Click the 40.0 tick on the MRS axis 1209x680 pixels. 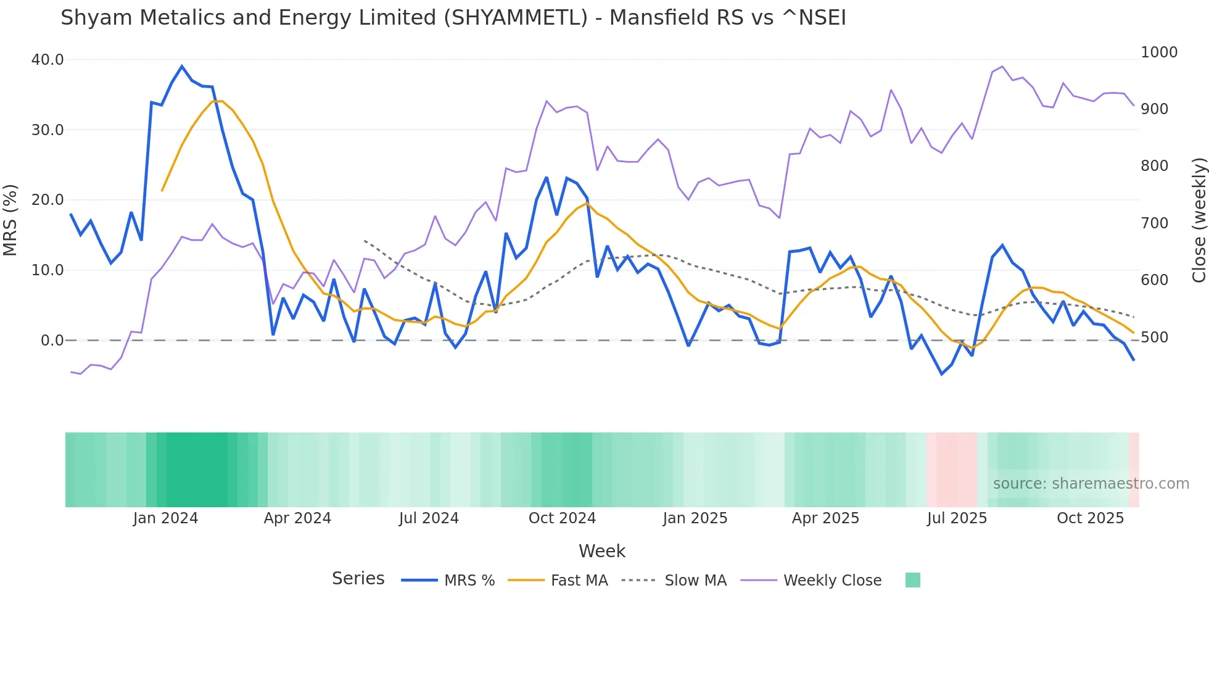[47, 60]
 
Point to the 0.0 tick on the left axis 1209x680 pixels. [52, 340]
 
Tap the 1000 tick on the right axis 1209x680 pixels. [1158, 52]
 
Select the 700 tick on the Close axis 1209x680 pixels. [1154, 223]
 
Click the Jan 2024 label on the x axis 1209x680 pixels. [165, 518]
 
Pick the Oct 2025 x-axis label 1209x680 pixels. [1090, 518]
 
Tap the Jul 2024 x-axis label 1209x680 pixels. [429, 518]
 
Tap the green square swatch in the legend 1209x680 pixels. [912, 580]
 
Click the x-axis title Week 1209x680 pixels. [601, 551]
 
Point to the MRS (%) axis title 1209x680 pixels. [10, 220]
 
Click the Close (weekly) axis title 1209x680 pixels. [1199, 220]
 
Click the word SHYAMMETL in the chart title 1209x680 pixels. [516, 18]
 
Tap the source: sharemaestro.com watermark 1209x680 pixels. [1091, 484]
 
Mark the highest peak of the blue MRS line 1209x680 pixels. [182, 66]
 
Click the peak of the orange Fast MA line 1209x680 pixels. [217, 101]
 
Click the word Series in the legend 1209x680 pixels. [358, 579]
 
